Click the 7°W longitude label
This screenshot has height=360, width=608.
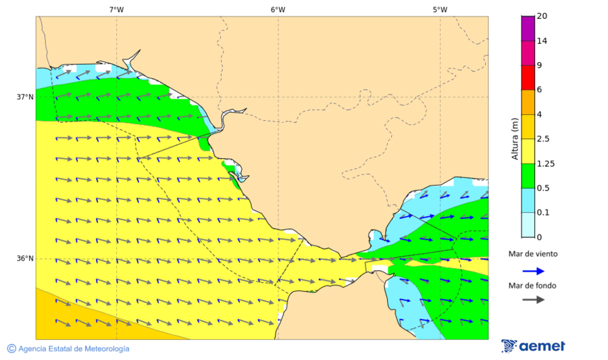tap(116, 9)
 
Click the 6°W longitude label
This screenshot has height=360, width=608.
tap(278, 9)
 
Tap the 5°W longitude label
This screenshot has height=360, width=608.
tap(440, 9)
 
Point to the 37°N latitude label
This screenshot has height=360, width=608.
tap(25, 97)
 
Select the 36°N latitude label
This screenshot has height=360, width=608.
tap(25, 258)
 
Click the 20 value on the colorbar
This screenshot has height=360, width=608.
tap(541, 16)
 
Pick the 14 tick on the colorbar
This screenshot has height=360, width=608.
tap(541, 41)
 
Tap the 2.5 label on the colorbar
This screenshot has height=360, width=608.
tap(542, 138)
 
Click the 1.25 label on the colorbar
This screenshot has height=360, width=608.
tap(544, 163)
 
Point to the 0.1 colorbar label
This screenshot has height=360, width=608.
tap(542, 212)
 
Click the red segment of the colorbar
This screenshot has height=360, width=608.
tap(528, 77)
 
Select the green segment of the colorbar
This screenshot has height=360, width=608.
tap(528, 175)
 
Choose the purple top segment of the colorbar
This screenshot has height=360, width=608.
tap(528, 28)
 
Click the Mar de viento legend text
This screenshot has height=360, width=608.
tap(533, 254)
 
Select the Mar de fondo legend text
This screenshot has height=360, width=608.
tap(533, 286)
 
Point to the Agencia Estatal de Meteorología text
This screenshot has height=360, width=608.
tap(68, 349)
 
